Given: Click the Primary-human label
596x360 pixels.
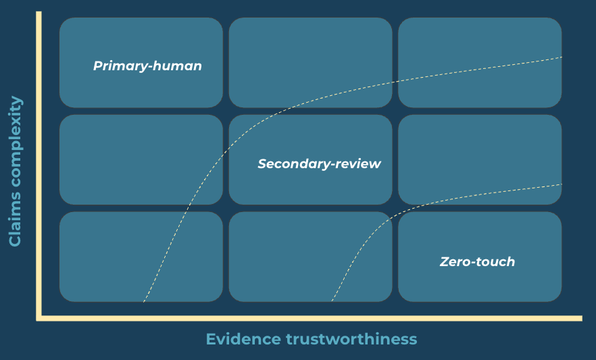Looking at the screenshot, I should (147, 66).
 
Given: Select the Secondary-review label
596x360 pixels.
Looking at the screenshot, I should (319, 164).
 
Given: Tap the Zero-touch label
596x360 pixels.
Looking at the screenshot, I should (477, 262).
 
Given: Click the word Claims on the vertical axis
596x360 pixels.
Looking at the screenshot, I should (16, 215).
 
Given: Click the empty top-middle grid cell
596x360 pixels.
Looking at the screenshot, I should (310, 47).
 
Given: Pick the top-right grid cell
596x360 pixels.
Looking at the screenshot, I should (480, 41).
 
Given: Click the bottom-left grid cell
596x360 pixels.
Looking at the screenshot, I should (101, 257).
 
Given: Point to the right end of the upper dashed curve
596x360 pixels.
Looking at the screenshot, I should (561, 57).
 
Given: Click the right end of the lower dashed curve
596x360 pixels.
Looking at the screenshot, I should (561, 184).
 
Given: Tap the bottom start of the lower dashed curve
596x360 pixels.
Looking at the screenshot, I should (332, 301).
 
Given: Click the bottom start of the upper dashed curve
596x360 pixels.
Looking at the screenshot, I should (144, 301).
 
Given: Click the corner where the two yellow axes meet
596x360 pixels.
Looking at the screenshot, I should (39, 317).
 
